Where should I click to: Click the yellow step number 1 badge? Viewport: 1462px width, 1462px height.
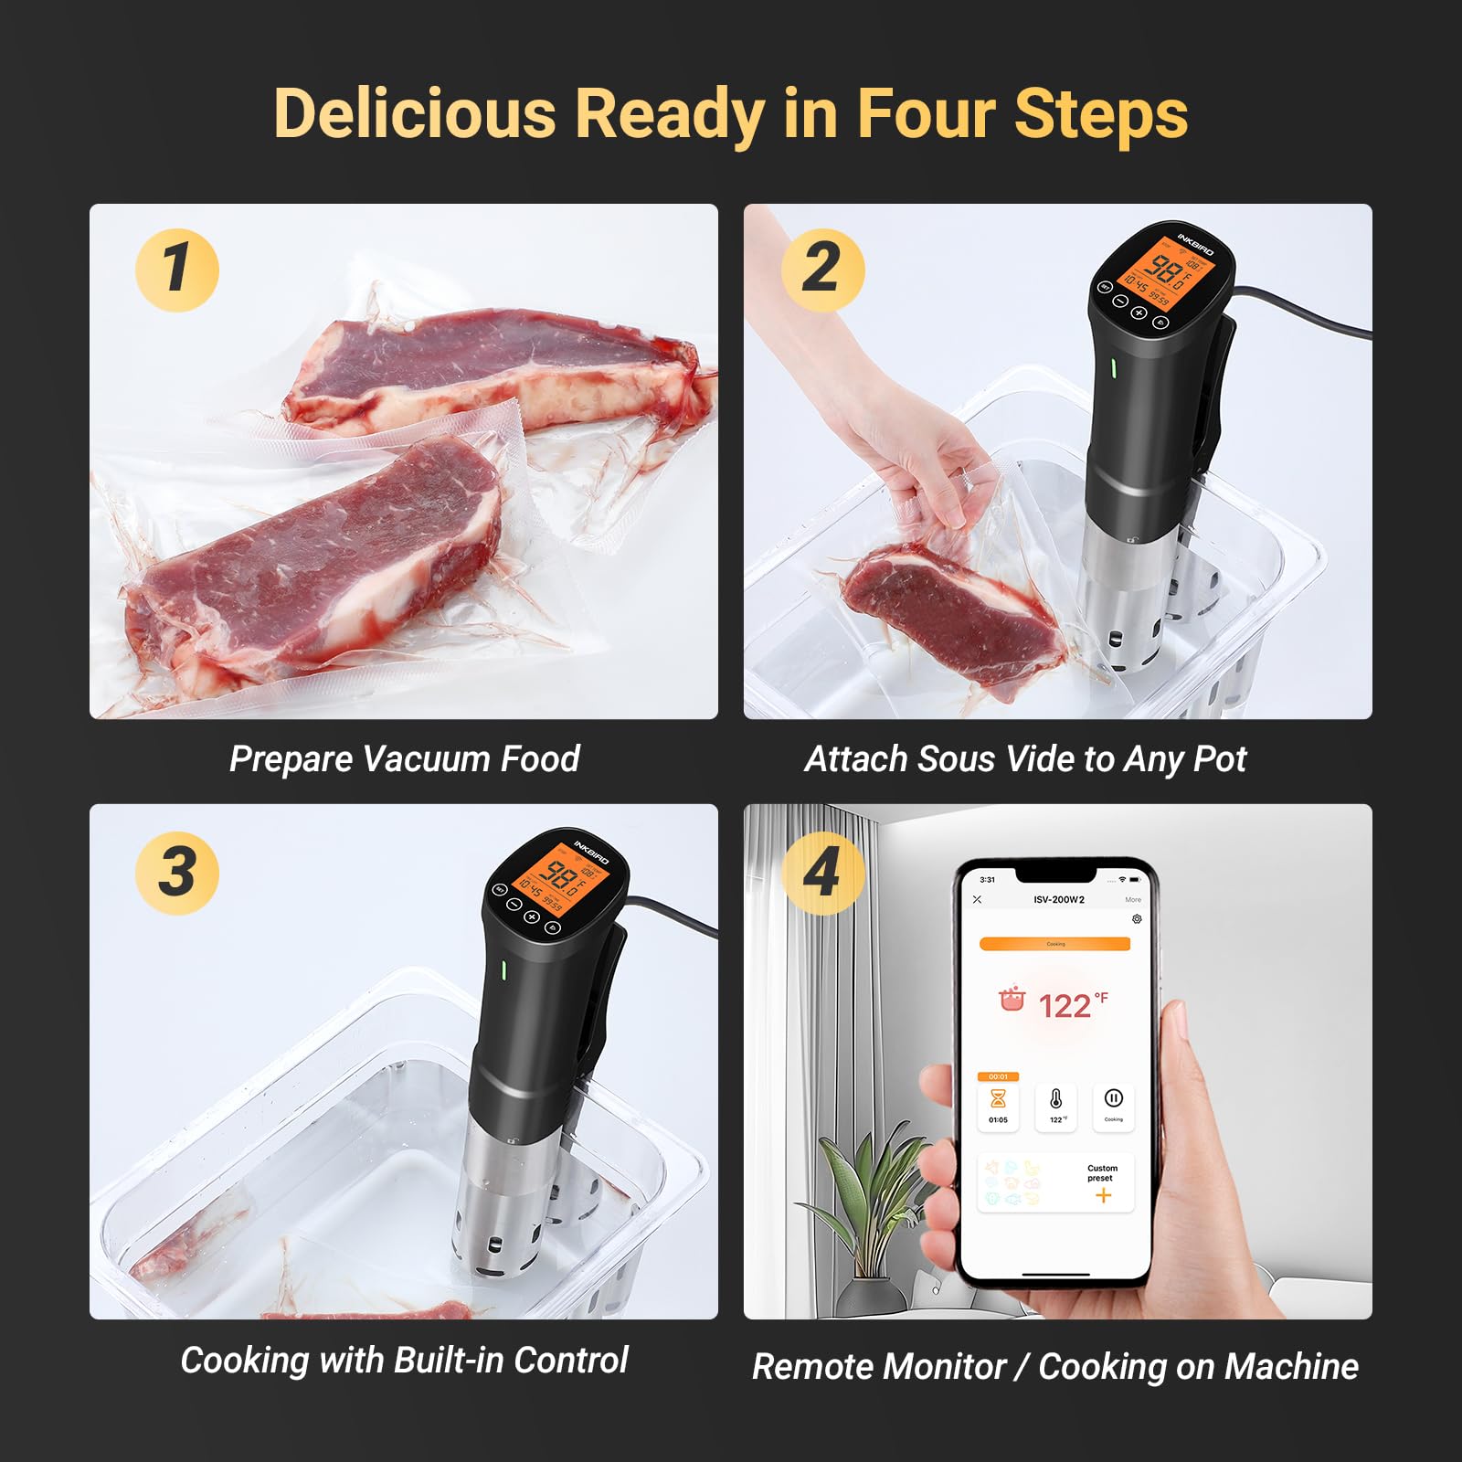click(x=177, y=270)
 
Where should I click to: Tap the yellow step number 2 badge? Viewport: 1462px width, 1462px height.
click(x=822, y=270)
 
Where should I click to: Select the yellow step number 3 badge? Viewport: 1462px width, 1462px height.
click(x=177, y=872)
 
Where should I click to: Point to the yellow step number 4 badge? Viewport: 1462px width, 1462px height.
click(x=822, y=872)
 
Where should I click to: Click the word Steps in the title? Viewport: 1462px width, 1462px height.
click(x=1100, y=114)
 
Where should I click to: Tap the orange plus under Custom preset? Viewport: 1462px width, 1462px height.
click(x=1103, y=1195)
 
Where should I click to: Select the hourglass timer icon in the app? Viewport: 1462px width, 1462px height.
click(x=998, y=1100)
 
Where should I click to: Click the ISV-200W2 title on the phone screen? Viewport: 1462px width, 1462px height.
click(x=1059, y=899)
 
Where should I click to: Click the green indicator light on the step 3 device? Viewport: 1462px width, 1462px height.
click(x=503, y=969)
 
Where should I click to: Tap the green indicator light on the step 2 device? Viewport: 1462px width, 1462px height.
click(x=1113, y=367)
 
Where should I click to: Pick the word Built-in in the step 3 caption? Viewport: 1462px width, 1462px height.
click(x=447, y=1360)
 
